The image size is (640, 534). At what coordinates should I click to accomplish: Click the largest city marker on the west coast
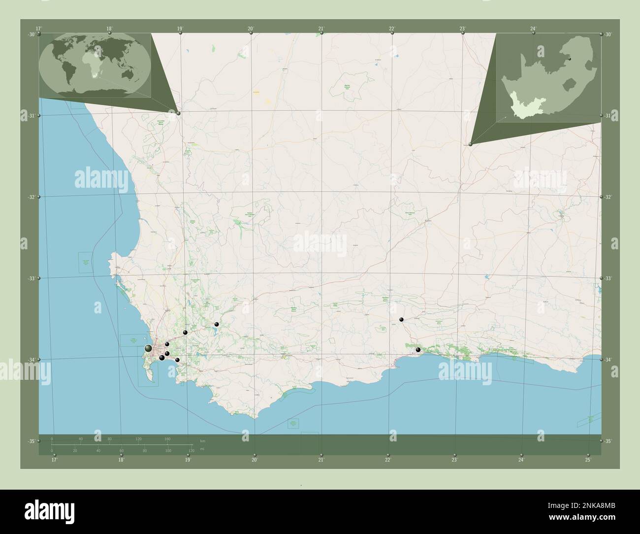(148, 348)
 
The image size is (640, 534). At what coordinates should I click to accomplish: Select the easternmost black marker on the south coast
(418, 350)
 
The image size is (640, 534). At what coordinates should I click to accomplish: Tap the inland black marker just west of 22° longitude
(401, 320)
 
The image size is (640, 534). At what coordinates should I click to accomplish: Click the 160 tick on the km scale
(167, 438)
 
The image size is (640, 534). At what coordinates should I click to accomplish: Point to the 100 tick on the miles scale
(168, 451)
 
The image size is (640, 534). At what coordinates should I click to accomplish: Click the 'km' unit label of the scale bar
(202, 440)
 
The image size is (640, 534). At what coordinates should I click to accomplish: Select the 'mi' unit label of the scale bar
(202, 449)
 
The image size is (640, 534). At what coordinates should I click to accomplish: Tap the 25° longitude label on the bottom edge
(588, 460)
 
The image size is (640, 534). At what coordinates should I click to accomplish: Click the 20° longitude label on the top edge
(251, 29)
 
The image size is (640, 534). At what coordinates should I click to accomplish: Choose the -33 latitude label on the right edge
(608, 279)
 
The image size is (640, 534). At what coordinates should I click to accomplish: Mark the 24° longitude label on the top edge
(533, 29)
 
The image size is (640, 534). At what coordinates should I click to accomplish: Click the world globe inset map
(95, 66)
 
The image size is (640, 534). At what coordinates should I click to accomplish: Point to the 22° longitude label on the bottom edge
(388, 460)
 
